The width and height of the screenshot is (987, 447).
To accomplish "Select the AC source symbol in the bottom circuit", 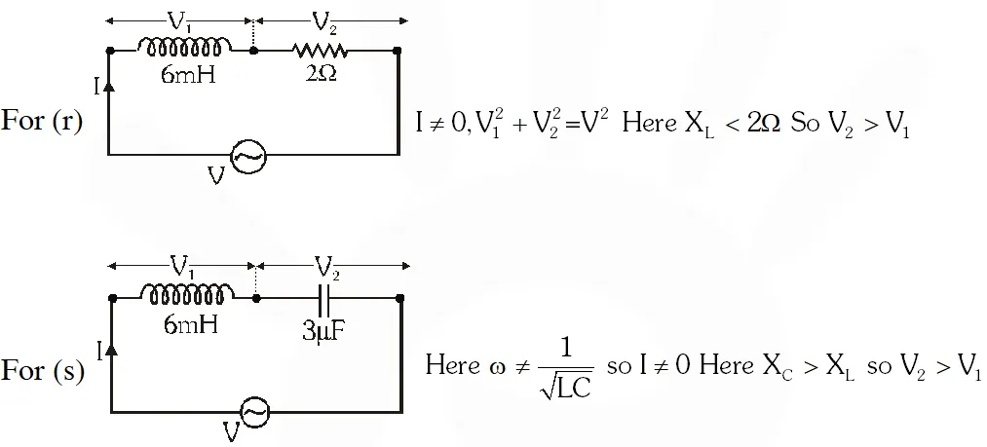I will pyautogui.click(x=254, y=413).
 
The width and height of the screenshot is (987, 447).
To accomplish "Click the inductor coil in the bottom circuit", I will pyautogui.click(x=186, y=292).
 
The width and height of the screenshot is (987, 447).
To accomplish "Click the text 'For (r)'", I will pyautogui.click(x=43, y=124).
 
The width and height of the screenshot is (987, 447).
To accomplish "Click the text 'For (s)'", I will pyautogui.click(x=43, y=372).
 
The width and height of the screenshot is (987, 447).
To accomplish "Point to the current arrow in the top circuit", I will pyautogui.click(x=109, y=86).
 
